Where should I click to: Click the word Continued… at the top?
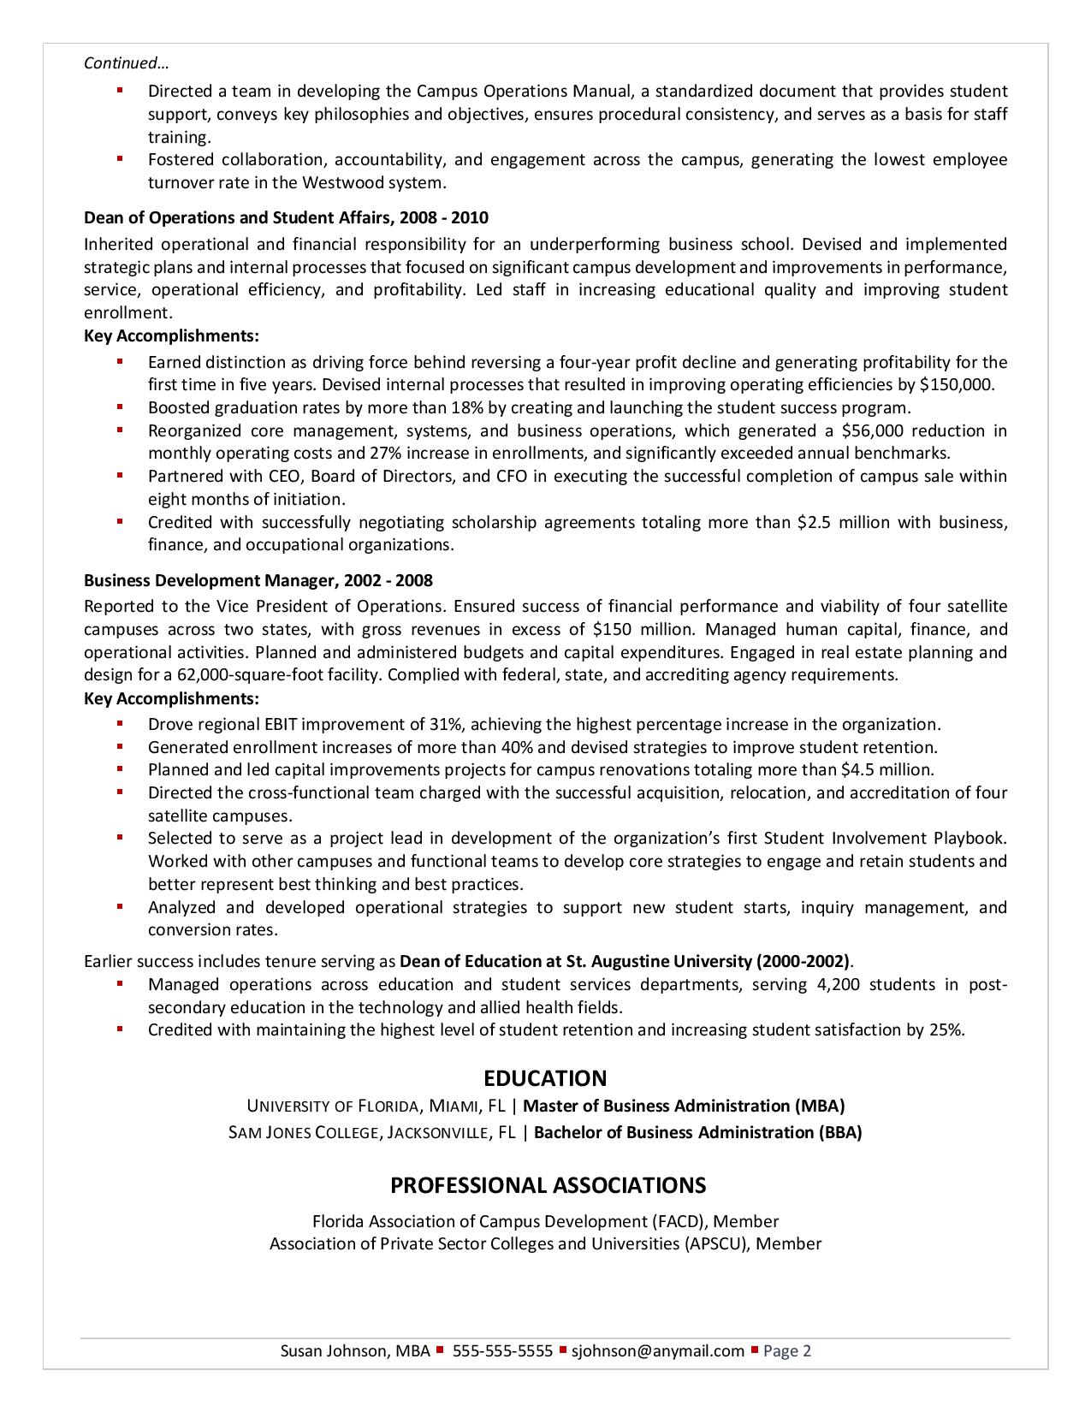tap(126, 63)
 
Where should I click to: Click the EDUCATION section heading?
tap(545, 1078)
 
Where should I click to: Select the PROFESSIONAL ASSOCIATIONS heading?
tap(548, 1185)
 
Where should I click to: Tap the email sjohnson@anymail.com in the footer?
tap(658, 1351)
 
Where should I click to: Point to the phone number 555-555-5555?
tap(502, 1351)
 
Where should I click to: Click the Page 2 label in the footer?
tap(786, 1351)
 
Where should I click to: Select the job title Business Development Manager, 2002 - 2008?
tap(258, 581)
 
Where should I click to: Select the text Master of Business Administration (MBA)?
tap(689, 1106)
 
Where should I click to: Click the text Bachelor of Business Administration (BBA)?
tap(697, 1133)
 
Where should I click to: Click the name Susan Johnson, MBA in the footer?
tap(355, 1351)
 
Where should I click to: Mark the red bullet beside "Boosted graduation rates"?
tap(120, 407)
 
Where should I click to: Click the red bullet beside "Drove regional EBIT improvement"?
tap(120, 724)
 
